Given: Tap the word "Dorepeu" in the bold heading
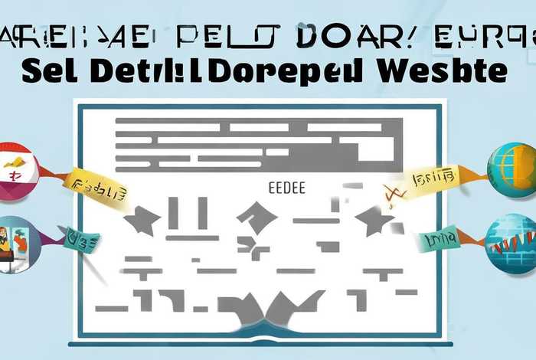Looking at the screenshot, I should pyautogui.click(x=285, y=70).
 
